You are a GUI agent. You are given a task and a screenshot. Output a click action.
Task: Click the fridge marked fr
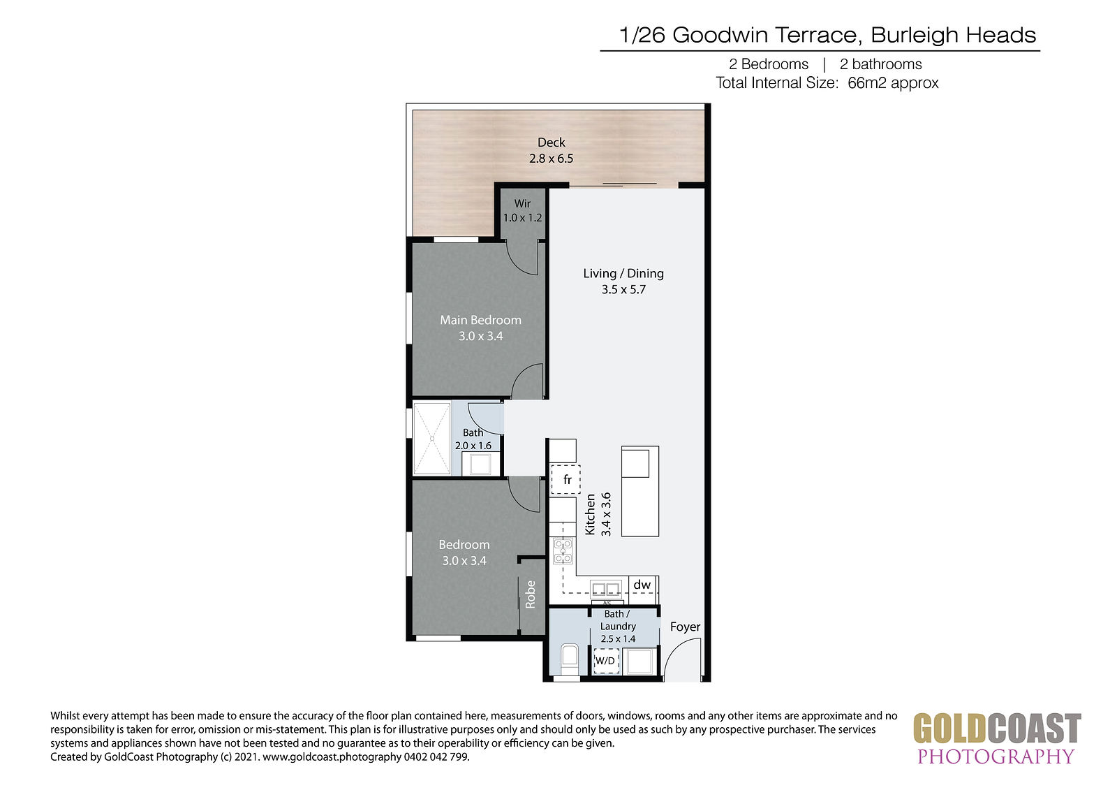pyautogui.click(x=565, y=480)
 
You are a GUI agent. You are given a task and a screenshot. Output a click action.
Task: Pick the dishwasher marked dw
pyautogui.click(x=642, y=585)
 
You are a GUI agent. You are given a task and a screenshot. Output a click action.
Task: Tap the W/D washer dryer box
pyautogui.click(x=607, y=661)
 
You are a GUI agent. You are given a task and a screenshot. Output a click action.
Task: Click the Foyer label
pyautogui.click(x=685, y=627)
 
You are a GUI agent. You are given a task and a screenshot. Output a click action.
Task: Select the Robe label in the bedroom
pyautogui.click(x=530, y=594)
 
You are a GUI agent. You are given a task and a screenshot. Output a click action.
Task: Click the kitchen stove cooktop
pyautogui.click(x=563, y=551)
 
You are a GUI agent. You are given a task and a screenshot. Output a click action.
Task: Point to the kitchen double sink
pyautogui.click(x=606, y=590)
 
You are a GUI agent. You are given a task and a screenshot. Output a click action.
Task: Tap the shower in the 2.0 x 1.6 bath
pyautogui.click(x=432, y=439)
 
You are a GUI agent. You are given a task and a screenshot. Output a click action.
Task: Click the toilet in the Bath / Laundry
pyautogui.click(x=570, y=660)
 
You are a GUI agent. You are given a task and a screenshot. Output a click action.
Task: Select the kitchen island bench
pyautogui.click(x=639, y=491)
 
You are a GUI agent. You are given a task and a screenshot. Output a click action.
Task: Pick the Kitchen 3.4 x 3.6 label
pyautogui.click(x=598, y=515)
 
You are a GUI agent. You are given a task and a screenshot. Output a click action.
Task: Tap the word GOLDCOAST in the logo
pyautogui.click(x=996, y=729)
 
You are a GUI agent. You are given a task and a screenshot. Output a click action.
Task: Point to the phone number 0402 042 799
pyautogui.click(x=436, y=757)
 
